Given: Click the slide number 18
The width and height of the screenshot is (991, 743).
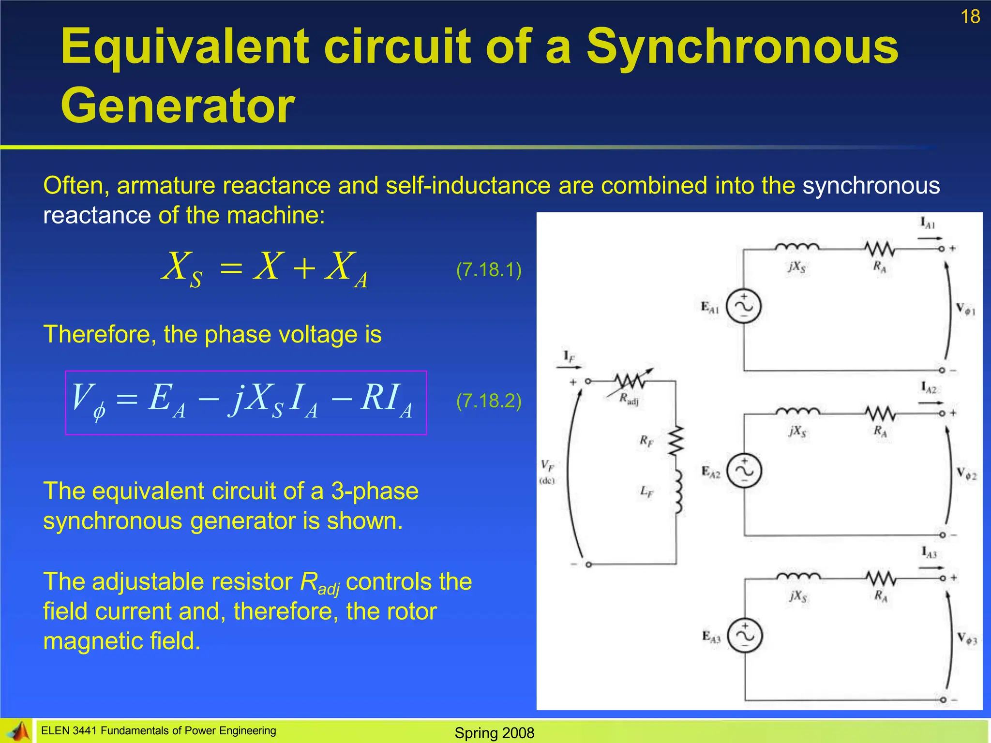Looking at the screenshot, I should pyautogui.click(x=970, y=17).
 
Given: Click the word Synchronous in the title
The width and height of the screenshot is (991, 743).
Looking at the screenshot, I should pyautogui.click(x=742, y=47).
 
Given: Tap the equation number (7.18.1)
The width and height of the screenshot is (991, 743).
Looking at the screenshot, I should pyautogui.click(x=489, y=269).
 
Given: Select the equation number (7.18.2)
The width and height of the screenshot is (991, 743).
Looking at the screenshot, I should pyautogui.click(x=489, y=401).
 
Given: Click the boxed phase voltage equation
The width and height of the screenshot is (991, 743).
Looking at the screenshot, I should pyautogui.click(x=246, y=402).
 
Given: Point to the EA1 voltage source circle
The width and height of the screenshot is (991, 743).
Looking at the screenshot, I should pyautogui.click(x=744, y=306).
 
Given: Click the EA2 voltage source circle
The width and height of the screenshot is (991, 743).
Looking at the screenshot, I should pyautogui.click(x=745, y=471).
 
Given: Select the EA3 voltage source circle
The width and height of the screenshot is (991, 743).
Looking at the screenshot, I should pyautogui.click(x=745, y=636).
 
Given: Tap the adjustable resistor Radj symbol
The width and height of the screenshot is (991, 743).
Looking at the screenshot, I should pyautogui.click(x=629, y=382).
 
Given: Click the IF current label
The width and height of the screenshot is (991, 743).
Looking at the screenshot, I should pyautogui.click(x=569, y=357).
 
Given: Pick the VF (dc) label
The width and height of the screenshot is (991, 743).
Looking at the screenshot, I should pyautogui.click(x=547, y=471).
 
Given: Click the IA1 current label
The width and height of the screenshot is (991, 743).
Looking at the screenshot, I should pyautogui.click(x=927, y=223).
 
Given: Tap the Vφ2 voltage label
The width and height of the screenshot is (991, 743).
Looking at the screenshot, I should pyautogui.click(x=966, y=474).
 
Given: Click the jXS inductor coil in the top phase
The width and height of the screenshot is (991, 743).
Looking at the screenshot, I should pyautogui.click(x=796, y=247).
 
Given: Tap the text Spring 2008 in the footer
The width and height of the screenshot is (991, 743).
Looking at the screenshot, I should pyautogui.click(x=494, y=733).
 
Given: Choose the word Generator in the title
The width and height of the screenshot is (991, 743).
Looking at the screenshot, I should pyautogui.click(x=178, y=106).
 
